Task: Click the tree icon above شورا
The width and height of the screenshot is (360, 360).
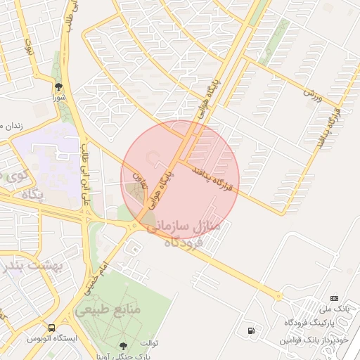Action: (58, 86)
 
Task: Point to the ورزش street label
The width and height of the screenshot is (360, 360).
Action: (312, 93)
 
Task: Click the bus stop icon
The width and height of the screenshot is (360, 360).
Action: (51, 328)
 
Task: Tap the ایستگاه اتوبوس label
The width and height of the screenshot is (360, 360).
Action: (53, 338)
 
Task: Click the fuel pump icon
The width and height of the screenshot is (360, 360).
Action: (251, 330)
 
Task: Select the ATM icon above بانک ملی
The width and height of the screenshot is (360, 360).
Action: (334, 298)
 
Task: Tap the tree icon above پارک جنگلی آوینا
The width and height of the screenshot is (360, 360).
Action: (124, 345)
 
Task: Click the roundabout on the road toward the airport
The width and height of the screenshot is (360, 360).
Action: (278, 295)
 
